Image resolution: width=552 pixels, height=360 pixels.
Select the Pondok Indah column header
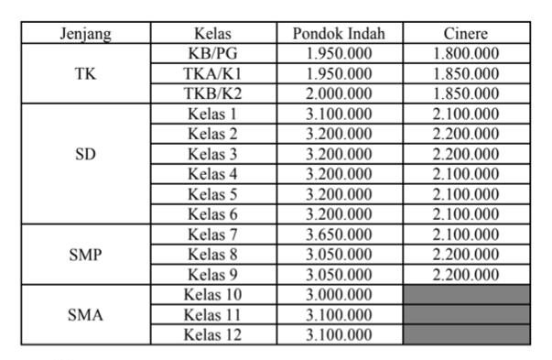click(x=339, y=34)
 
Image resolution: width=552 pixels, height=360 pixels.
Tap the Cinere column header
click(x=465, y=34)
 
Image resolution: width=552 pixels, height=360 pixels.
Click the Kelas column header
click(x=212, y=34)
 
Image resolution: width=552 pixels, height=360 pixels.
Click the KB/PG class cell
click(x=212, y=53)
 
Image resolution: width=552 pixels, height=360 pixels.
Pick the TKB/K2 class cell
click(x=212, y=93)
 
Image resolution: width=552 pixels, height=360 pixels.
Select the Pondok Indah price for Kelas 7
click(x=339, y=235)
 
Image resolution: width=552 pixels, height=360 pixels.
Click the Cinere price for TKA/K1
click(x=465, y=73)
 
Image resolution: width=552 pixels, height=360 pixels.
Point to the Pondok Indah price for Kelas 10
click(x=339, y=294)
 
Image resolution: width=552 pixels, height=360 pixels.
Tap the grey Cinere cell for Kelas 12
click(x=465, y=334)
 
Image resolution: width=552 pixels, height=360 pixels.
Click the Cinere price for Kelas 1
click(x=465, y=114)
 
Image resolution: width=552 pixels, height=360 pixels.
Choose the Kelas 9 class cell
click(x=212, y=275)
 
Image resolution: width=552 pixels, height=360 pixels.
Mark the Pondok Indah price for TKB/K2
click(x=339, y=93)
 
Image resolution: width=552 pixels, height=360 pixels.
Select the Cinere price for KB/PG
click(x=465, y=53)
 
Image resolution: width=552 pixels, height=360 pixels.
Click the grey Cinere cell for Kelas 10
click(x=465, y=294)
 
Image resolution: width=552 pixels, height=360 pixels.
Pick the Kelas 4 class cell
click(x=212, y=174)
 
